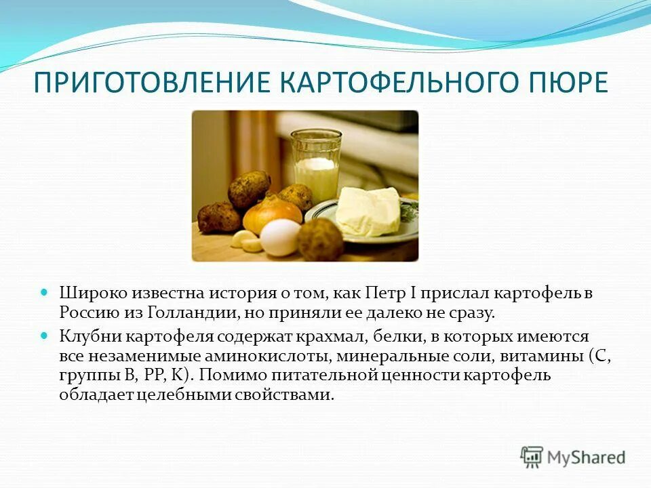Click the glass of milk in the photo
tap(316, 165)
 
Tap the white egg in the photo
tap(279, 237)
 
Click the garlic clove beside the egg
tap(244, 239)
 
